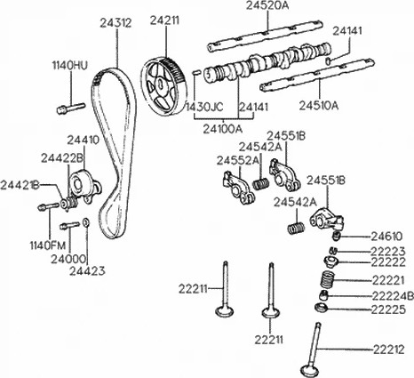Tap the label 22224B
coord(391,294)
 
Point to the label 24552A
coord(236,160)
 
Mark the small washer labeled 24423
coord(85,222)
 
